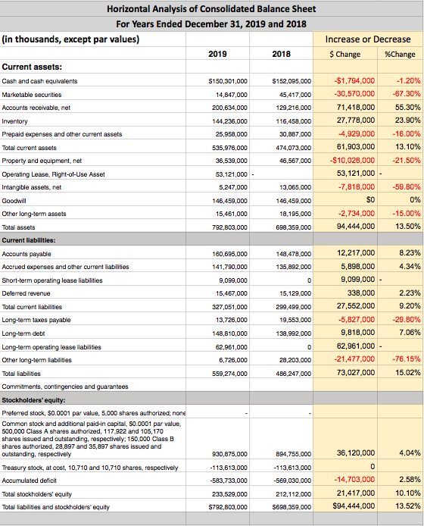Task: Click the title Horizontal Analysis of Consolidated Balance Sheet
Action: tap(211, 9)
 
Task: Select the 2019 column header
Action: tap(217, 54)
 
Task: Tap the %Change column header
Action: tap(399, 54)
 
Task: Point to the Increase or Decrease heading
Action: tap(368, 39)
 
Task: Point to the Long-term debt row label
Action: tap(24, 333)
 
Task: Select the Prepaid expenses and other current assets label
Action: tap(62, 134)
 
